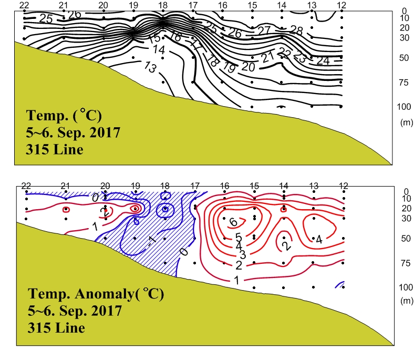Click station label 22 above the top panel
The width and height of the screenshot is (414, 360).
tap(24, 5)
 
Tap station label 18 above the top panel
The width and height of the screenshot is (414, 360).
tap(163, 5)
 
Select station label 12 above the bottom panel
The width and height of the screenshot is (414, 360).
tap(344, 186)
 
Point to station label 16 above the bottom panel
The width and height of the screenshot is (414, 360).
tap(225, 186)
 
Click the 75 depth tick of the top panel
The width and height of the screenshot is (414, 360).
tap(403, 82)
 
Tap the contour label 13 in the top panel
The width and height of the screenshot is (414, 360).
tap(150, 68)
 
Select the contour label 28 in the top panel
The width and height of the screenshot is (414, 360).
tap(297, 29)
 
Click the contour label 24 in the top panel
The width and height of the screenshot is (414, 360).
tap(323, 61)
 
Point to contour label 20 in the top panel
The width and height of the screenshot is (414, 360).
tap(248, 67)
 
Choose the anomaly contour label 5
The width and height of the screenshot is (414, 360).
tap(238, 237)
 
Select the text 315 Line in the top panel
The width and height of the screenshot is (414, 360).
tap(55, 150)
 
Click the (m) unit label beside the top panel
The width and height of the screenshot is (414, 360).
tap(406, 122)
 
